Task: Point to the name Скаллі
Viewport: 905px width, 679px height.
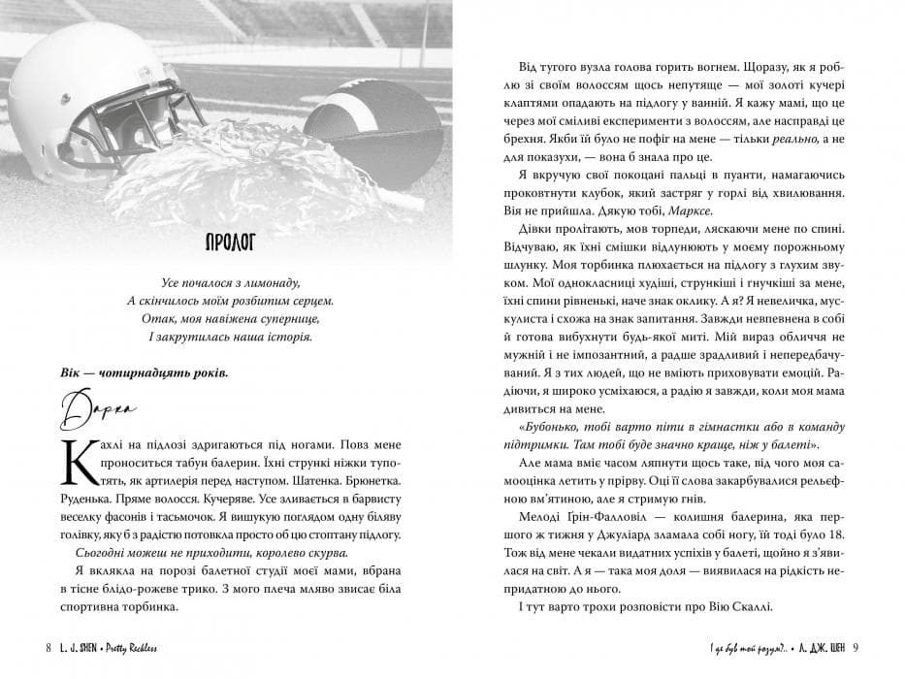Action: pos(752,608)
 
